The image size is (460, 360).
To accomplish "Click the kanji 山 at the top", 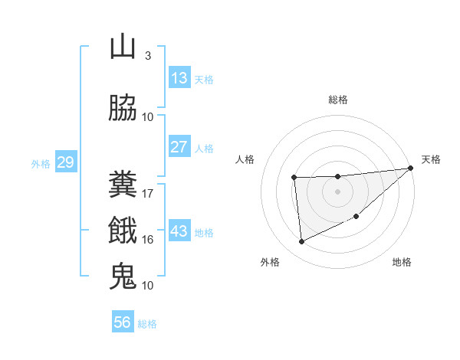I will [x=123, y=47].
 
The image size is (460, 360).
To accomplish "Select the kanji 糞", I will [x=123, y=185].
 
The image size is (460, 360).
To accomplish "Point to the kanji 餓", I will [x=123, y=231].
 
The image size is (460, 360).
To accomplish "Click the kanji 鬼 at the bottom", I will [x=123, y=277].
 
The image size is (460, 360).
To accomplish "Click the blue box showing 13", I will [x=179, y=78].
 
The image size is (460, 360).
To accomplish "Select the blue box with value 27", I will [x=179, y=147].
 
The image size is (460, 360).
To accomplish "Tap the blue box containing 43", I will [x=179, y=231].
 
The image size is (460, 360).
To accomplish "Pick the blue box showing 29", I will [x=65, y=162].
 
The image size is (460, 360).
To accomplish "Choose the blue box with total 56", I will [x=122, y=322].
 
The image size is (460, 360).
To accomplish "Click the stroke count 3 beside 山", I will [x=147, y=55].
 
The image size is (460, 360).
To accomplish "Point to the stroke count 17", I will [x=148, y=193].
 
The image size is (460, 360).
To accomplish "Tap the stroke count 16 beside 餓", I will [x=148, y=239].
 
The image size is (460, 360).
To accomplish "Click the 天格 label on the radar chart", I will [x=431, y=159].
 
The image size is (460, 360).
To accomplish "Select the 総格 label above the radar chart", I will [x=337, y=100].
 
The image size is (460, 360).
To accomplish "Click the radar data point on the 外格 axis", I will [x=301, y=242].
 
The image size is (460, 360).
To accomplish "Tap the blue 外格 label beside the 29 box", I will [x=40, y=163].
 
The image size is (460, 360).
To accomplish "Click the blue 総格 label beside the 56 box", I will [x=147, y=323].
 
